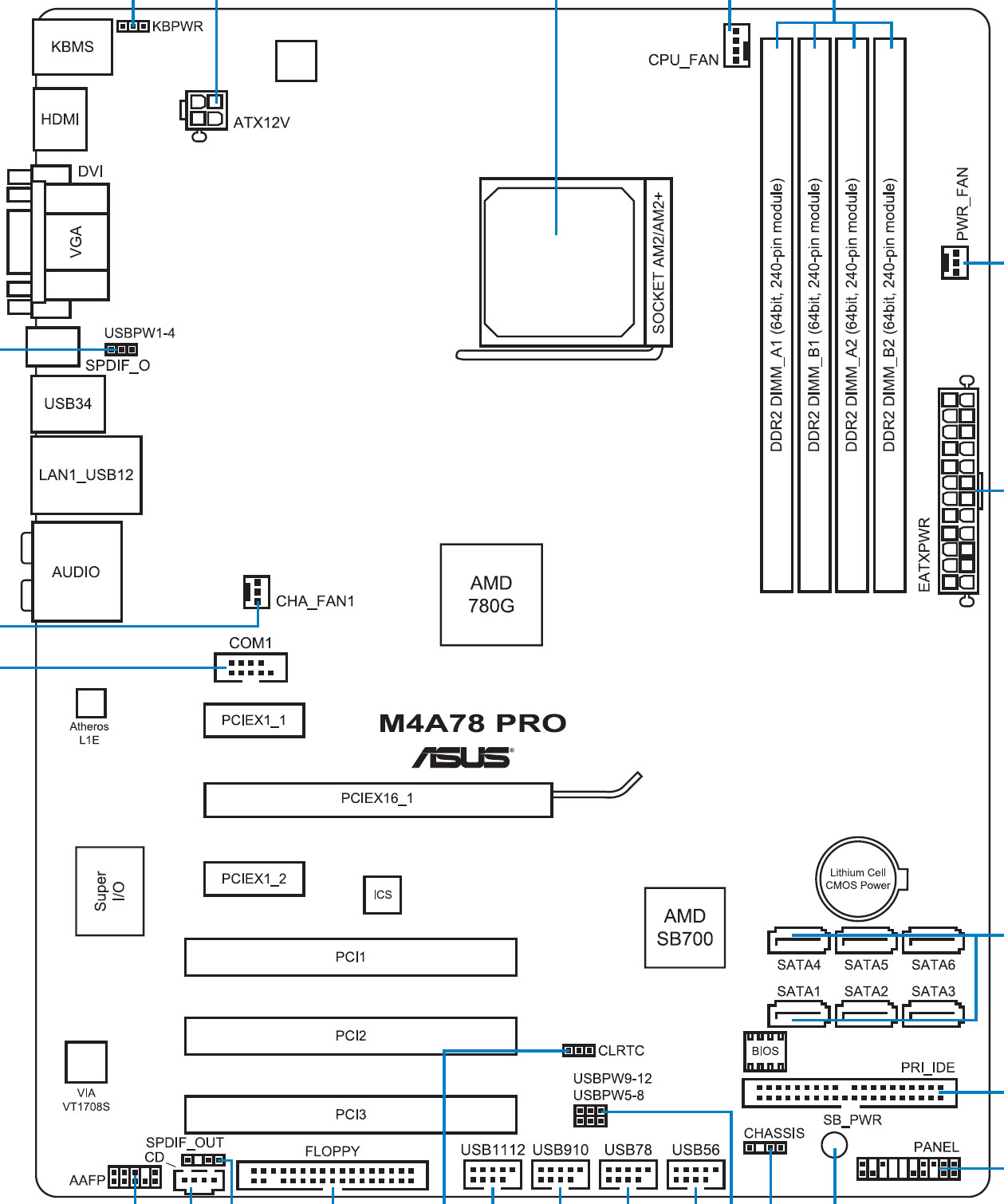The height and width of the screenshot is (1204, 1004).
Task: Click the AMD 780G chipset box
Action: pyautogui.click(x=491, y=595)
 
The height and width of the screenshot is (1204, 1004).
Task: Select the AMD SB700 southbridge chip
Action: pyautogui.click(x=685, y=927)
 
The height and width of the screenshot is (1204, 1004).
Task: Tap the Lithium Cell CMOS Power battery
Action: pyautogui.click(x=858, y=879)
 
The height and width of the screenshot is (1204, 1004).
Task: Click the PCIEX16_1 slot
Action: pyautogui.click(x=378, y=800)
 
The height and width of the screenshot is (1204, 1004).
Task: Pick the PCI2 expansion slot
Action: pyautogui.click(x=351, y=1036)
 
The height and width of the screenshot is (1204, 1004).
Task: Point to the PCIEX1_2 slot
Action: pyautogui.click(x=254, y=879)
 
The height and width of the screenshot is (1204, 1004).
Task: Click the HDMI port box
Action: pyautogui.click(x=60, y=120)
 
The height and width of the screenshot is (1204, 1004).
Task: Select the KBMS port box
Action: pyautogui.click(x=73, y=47)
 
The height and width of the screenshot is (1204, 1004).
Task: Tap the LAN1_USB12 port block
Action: pyautogui.click(x=86, y=475)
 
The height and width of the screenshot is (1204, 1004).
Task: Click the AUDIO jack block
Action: pyautogui.click(x=77, y=572)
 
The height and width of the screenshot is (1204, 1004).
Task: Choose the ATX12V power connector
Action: pyautogui.click(x=206, y=111)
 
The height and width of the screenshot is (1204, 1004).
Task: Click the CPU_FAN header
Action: pyautogui.click(x=737, y=45)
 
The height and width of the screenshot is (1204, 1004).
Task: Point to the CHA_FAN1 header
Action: pyautogui.click(x=257, y=592)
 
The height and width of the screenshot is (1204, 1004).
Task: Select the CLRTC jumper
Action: pyautogui.click(x=579, y=1050)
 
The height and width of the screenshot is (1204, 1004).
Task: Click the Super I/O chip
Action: pyautogui.click(x=110, y=891)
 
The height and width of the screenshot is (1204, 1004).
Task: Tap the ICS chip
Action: pyautogui.click(x=382, y=895)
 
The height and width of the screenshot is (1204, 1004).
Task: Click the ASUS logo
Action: pyautogui.click(x=463, y=757)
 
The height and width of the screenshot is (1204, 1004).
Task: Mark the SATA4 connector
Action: pyautogui.click(x=798, y=942)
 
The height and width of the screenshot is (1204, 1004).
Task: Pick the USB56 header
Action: pyautogui.click(x=696, y=1174)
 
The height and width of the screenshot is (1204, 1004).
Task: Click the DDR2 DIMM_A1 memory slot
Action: pyautogui.click(x=777, y=315)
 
